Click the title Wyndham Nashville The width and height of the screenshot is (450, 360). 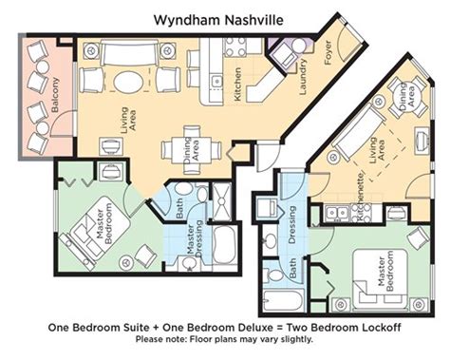218,20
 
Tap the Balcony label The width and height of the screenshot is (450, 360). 55,95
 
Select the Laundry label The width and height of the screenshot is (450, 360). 303,76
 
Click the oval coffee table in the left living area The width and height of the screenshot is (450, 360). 128,81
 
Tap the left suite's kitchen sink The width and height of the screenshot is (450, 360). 216,81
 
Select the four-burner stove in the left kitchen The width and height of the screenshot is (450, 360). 235,47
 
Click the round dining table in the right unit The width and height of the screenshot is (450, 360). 408,97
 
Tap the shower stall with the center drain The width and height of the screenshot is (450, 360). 222,201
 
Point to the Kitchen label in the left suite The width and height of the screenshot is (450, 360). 237,85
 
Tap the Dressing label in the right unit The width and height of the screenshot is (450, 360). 291,224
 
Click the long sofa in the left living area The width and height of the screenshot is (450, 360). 128,52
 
